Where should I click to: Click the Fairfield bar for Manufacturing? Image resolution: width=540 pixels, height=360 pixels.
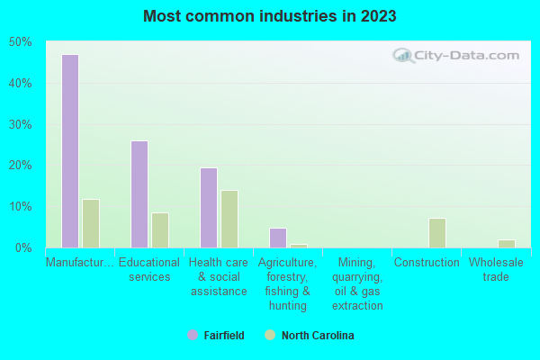[x=69, y=151]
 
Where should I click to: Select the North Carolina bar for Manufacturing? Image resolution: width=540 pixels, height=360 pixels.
[x=91, y=223]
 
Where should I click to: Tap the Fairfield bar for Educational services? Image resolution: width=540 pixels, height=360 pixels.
[x=139, y=194]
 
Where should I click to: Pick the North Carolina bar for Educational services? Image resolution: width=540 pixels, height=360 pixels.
[x=160, y=230]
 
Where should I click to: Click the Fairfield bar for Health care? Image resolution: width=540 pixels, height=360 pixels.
[x=209, y=208]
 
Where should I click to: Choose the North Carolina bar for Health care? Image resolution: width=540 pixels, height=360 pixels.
[x=229, y=219]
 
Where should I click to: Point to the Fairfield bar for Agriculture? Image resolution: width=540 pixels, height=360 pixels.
[x=278, y=238]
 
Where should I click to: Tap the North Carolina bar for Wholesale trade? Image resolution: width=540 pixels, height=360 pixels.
[x=507, y=244]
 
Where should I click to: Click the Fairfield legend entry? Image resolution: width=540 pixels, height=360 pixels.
[x=216, y=336]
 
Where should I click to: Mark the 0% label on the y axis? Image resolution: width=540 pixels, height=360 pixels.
[x=22, y=247]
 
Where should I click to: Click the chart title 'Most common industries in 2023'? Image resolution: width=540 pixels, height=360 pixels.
[x=270, y=16]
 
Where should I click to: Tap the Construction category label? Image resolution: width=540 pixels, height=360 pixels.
[x=427, y=263]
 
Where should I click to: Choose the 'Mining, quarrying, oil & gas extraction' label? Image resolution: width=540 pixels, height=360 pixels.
[x=357, y=284]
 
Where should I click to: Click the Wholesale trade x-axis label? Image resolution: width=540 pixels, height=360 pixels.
[x=496, y=270]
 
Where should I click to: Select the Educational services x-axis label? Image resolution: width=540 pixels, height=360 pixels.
[x=149, y=270]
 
